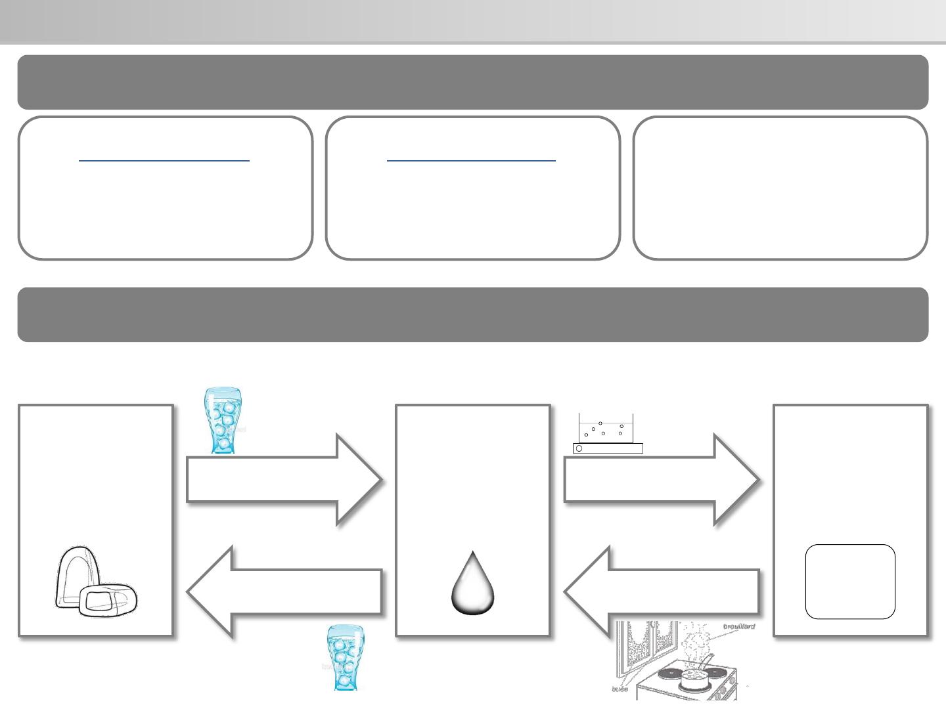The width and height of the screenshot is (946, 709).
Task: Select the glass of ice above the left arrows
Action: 224,420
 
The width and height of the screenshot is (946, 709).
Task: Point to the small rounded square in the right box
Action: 850,582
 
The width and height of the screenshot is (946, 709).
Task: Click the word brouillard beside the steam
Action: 738,626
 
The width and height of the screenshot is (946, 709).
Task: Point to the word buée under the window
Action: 619,689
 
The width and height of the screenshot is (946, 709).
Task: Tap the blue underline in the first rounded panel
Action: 164,160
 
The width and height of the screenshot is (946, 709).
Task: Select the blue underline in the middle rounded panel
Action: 471,160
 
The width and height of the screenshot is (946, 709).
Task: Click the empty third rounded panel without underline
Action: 780,188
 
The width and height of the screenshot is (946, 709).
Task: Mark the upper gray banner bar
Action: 472,82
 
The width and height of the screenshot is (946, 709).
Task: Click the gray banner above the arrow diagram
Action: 472,314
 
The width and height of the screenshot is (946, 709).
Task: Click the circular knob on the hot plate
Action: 579,448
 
